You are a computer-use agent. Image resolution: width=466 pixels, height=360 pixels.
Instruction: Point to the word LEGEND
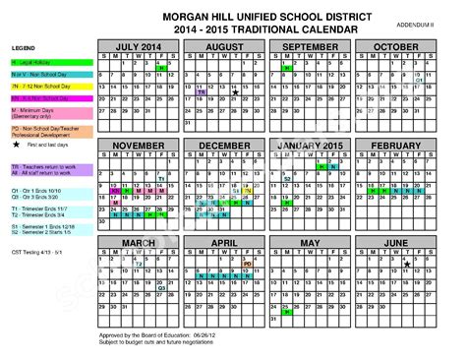tap(24, 47)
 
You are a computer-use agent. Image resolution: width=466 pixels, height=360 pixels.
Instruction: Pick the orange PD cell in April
tap(248, 264)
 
